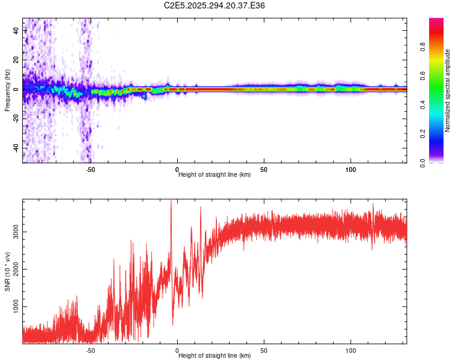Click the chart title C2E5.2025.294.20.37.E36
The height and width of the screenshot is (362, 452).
(x=215, y=5)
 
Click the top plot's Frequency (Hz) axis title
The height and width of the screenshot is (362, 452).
(x=7, y=90)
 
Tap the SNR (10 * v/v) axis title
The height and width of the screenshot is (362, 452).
(x=7, y=271)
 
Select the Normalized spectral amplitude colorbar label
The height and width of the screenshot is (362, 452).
(x=447, y=91)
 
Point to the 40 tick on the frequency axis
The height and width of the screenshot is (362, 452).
(x=16, y=31)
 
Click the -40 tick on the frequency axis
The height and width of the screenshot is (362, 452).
(x=16, y=148)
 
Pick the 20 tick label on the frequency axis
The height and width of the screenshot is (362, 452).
(x=16, y=60)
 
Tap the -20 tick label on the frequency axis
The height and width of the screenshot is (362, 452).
(x=16, y=118)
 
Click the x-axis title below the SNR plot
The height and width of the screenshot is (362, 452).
(x=215, y=356)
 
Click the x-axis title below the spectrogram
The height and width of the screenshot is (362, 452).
(x=215, y=174)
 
